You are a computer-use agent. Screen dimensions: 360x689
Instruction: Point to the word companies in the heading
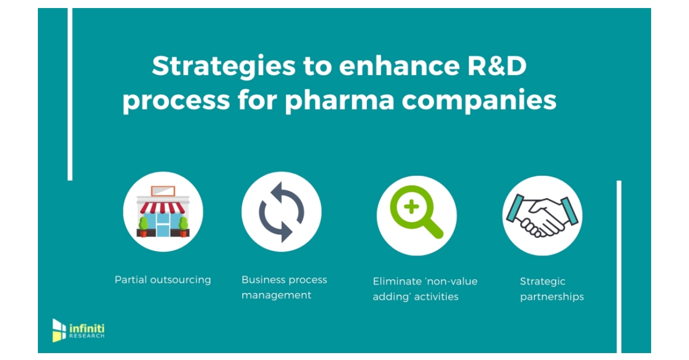point(479,100)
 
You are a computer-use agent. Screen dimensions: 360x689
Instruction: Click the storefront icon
point(163,215)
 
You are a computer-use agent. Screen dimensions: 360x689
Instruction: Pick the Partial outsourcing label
point(163,280)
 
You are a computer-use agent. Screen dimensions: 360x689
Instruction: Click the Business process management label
point(284,288)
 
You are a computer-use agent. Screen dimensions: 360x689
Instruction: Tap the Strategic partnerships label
point(552,289)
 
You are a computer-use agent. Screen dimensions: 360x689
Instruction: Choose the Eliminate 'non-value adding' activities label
point(425,289)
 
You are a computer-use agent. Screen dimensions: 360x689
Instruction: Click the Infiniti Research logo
point(78,330)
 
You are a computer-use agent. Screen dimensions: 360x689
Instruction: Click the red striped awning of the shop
point(163,206)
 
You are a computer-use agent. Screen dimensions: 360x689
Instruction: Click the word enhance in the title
point(388,67)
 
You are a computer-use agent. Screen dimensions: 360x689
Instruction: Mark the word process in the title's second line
point(176,100)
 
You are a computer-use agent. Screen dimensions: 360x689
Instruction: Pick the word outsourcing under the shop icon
point(180,280)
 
